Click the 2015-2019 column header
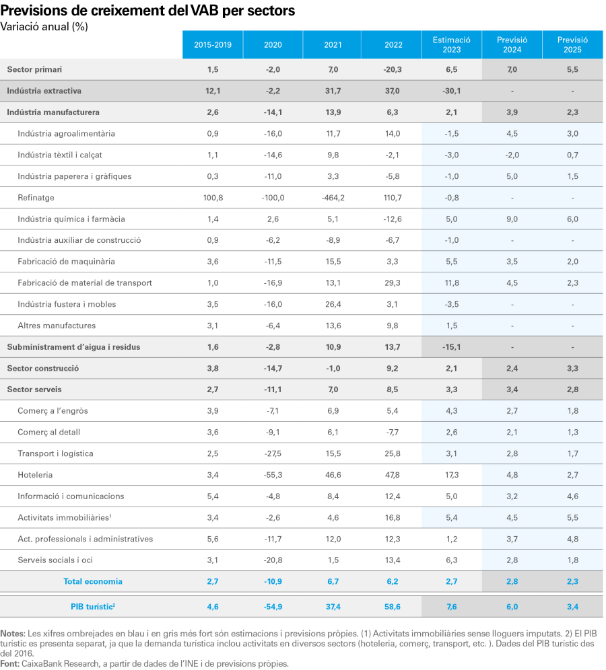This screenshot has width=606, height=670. click(213, 45)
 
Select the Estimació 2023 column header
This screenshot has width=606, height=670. click(452, 45)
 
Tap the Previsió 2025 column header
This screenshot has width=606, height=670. click(572, 45)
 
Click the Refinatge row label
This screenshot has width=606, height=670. click(36, 198)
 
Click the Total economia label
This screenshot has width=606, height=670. click(93, 581)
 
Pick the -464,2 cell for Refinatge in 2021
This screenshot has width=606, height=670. click(333, 198)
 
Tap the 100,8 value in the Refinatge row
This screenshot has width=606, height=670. click(213, 198)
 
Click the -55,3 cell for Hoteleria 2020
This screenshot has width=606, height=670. click(273, 475)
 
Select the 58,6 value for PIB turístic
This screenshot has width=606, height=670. click(393, 606)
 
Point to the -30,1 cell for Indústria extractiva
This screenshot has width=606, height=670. click(452, 91)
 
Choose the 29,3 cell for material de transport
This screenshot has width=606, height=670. click(393, 283)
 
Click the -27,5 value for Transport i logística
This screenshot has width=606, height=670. click(273, 453)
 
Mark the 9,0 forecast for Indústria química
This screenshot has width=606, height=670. click(512, 219)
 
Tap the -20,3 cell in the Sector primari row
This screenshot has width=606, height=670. click(393, 69)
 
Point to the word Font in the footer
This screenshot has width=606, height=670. click(9, 663)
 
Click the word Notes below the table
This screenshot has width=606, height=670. click(12, 634)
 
